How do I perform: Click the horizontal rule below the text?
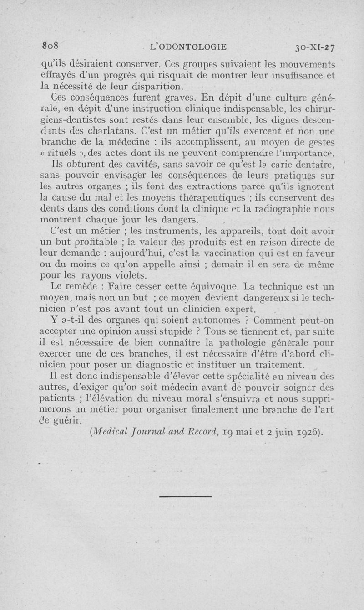[186, 496]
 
